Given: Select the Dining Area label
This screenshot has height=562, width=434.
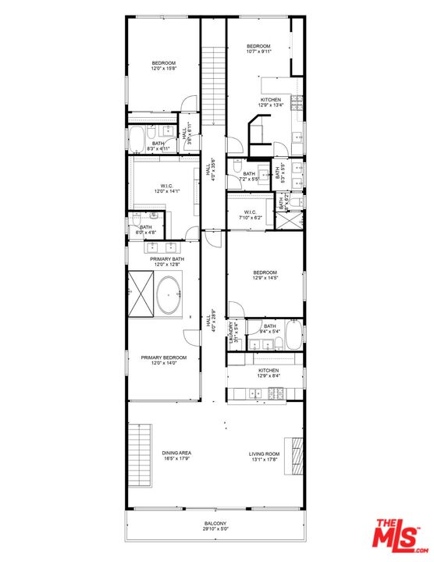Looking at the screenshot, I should tap(178, 454).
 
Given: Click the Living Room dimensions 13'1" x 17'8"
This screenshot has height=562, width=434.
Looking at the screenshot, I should tap(265, 459).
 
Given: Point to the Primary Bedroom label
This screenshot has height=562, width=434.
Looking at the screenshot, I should tap(164, 357).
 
